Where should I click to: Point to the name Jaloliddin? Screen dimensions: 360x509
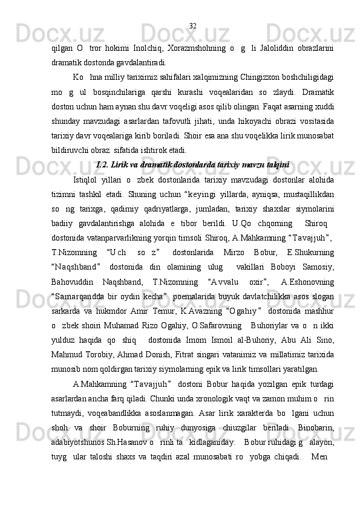[x=277, y=48]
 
